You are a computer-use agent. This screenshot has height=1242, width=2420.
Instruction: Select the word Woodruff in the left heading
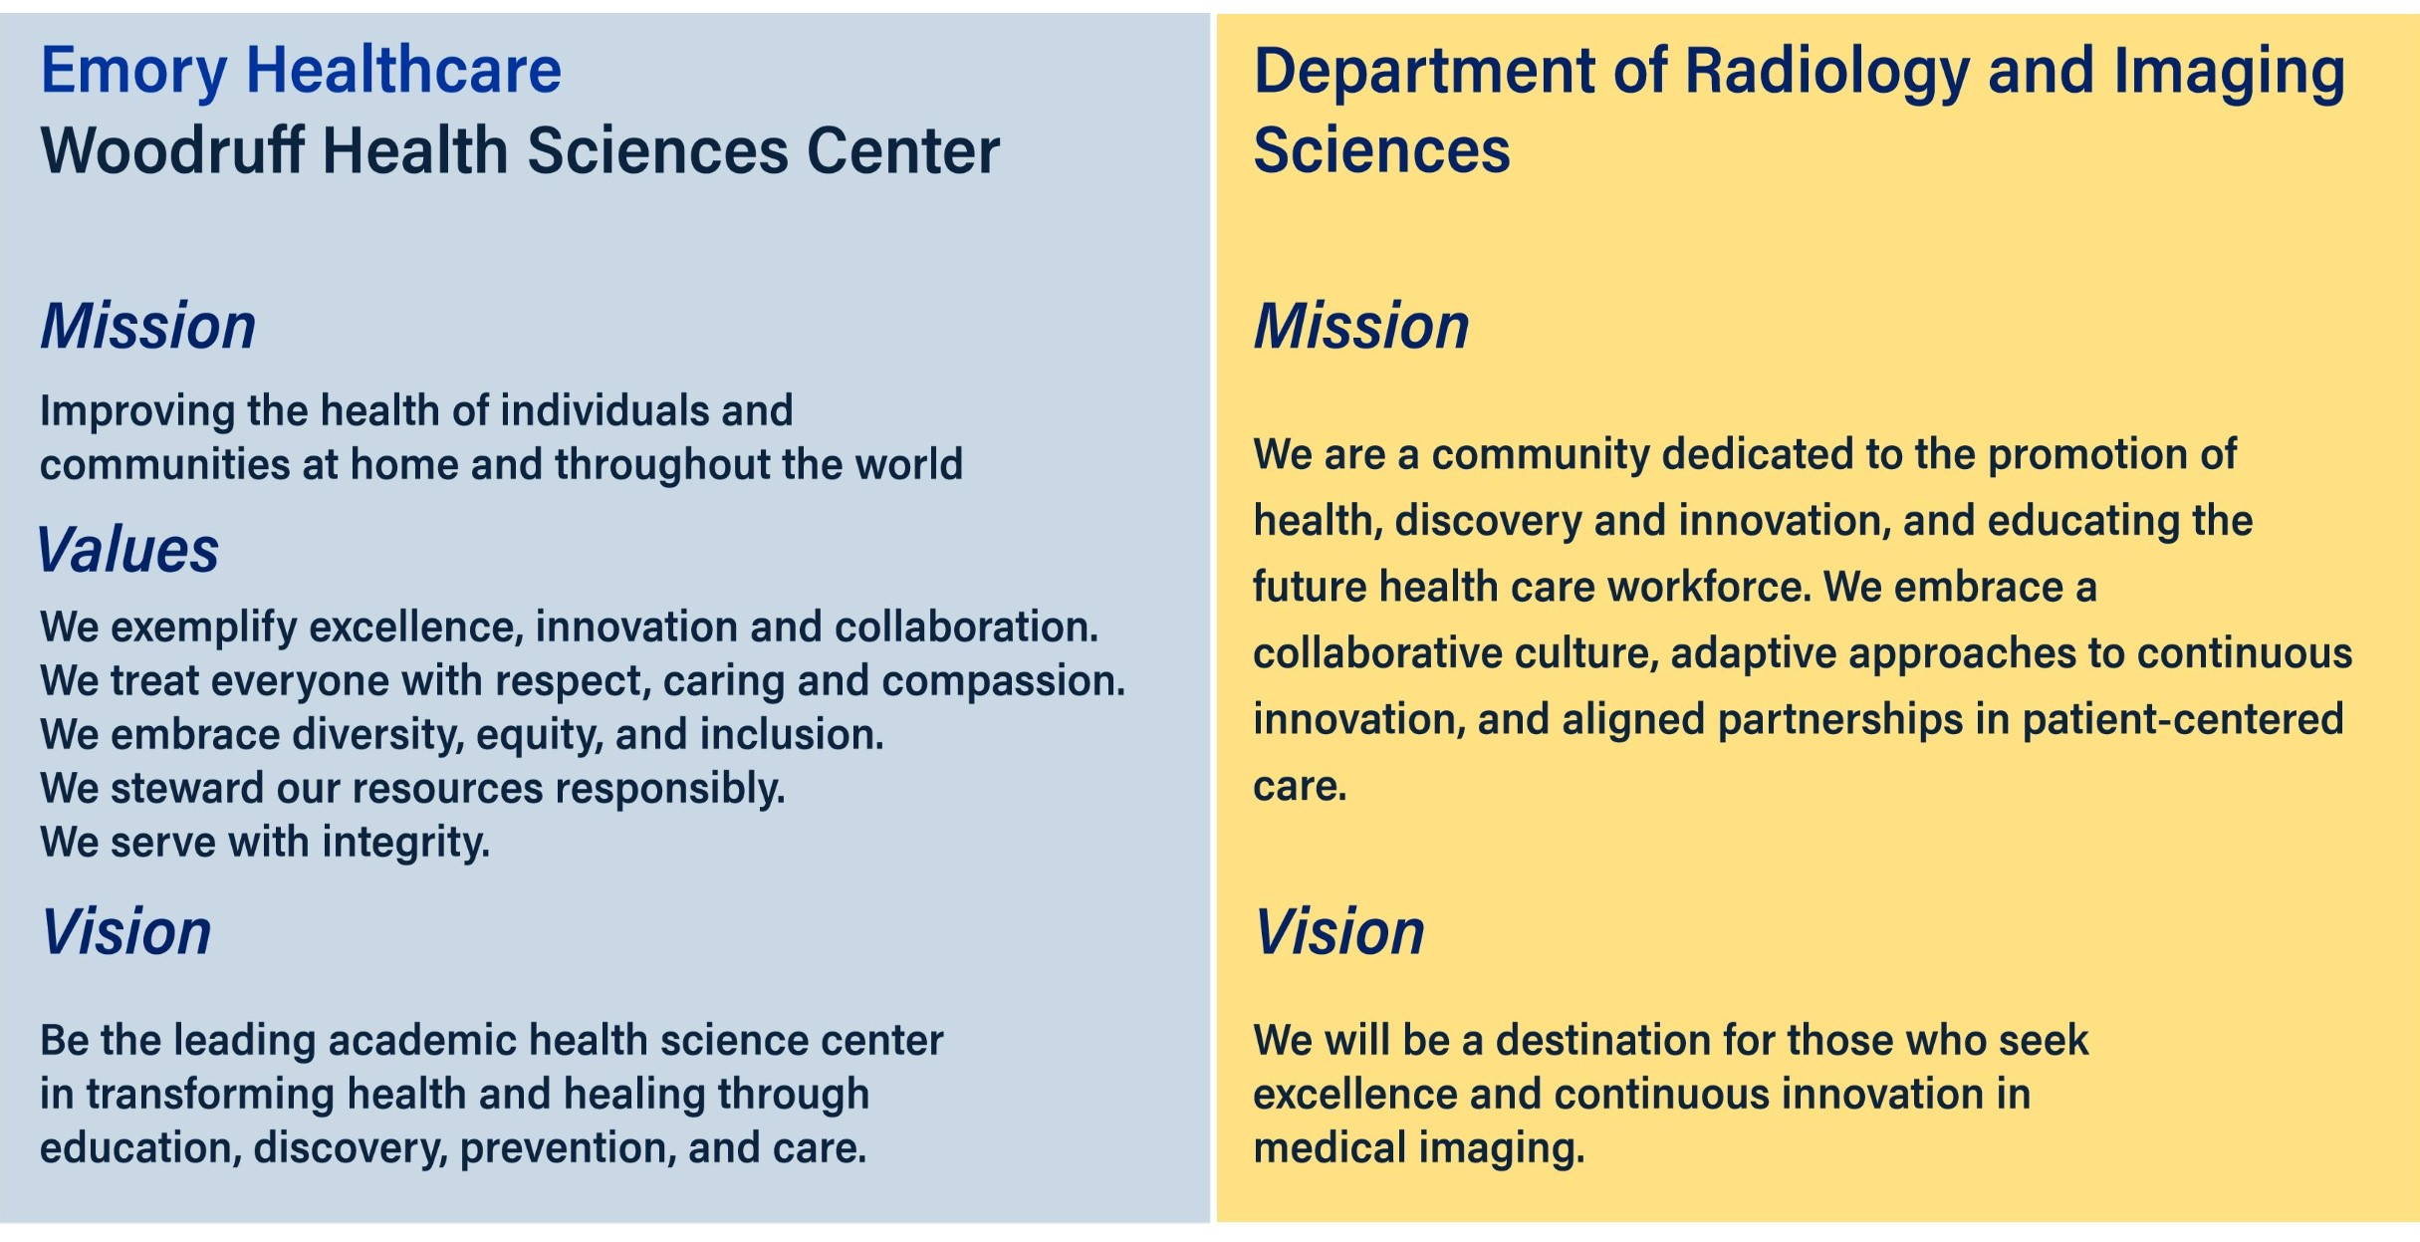[x=171, y=150]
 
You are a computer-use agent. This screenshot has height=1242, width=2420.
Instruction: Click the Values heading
[x=127, y=550]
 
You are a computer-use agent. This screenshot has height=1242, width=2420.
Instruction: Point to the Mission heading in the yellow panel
[x=1361, y=327]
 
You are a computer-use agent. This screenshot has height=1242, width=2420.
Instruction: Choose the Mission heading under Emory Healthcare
[x=148, y=327]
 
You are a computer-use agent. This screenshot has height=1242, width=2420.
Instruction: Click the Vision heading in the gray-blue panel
[x=126, y=932]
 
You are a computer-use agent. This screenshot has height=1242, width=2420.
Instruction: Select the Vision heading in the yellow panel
[x=1339, y=932]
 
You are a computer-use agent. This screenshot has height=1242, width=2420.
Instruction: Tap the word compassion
[x=1004, y=682]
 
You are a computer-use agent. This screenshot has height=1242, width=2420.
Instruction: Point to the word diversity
[x=378, y=736]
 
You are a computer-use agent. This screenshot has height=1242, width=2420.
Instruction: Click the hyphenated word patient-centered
[x=2183, y=720]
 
